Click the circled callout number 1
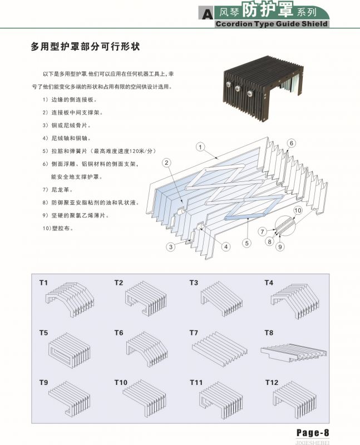(x=201, y=147)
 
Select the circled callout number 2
(x=166, y=162)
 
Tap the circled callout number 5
(x=246, y=243)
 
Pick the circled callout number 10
(x=297, y=210)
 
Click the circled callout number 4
(x=226, y=246)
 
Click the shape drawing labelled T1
(x=68, y=297)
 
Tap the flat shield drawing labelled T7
(x=219, y=349)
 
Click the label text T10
(x=121, y=383)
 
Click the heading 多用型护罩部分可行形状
(x=84, y=47)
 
